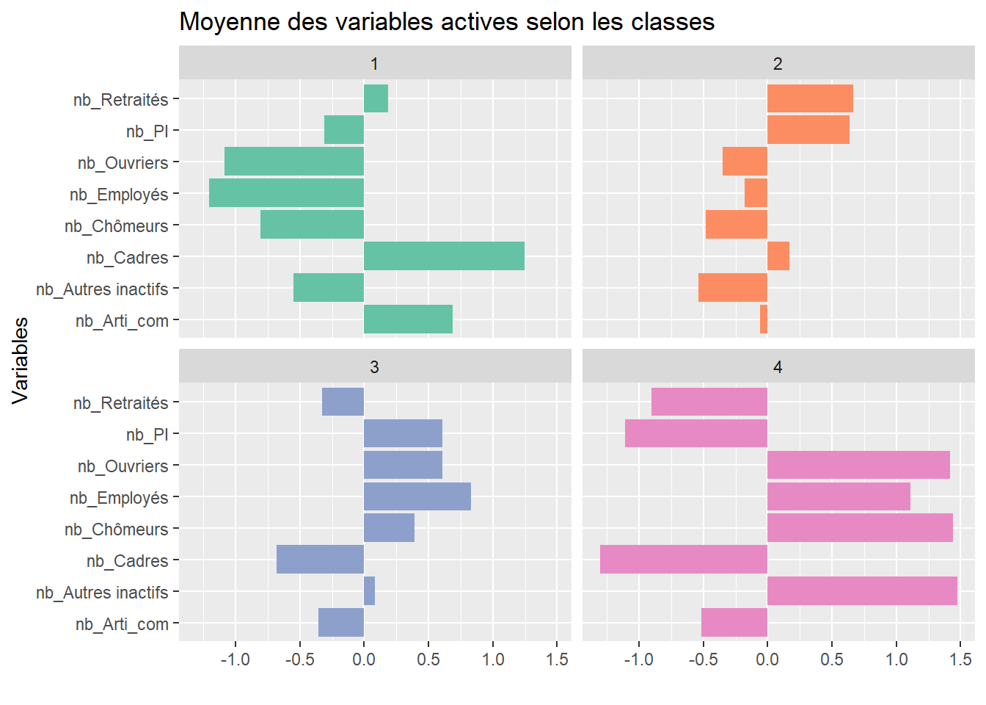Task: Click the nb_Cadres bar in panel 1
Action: [x=444, y=256]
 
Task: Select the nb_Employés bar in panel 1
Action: [x=286, y=193]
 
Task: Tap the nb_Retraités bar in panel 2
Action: [x=810, y=98]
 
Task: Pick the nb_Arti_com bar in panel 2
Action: [x=764, y=319]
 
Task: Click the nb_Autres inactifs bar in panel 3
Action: [x=369, y=591]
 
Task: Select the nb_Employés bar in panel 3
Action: [x=417, y=496]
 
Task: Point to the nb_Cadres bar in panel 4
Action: [x=683, y=560]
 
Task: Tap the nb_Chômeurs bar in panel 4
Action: [x=860, y=528]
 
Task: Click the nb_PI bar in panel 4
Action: [x=695, y=433]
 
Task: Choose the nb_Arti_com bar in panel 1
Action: [x=408, y=319]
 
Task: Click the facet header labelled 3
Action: [x=374, y=366]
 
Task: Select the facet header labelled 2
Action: [x=778, y=63]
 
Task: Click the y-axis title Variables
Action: [x=21, y=360]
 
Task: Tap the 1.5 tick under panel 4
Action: [x=960, y=659]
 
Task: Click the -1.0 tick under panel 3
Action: [x=235, y=659]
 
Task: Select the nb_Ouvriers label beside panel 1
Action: [x=123, y=162]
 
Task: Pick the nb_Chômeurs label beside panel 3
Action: [x=116, y=529]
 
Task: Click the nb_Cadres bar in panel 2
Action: [x=778, y=256]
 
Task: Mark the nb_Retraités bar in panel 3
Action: [x=343, y=402]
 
